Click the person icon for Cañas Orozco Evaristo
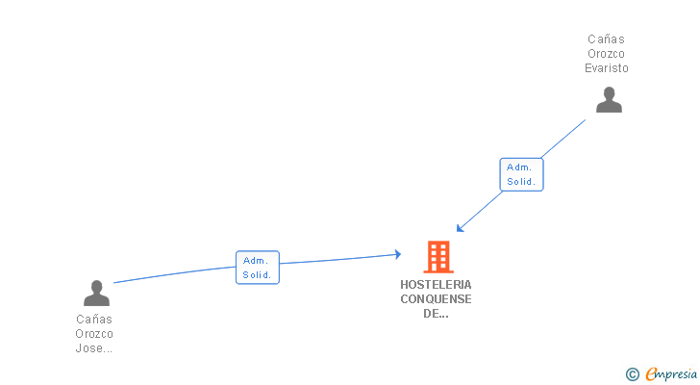point(609,100)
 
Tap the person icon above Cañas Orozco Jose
point(96,293)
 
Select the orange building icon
point(437,257)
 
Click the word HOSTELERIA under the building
point(436,285)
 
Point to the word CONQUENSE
point(436,299)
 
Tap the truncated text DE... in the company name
point(436,314)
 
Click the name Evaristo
point(607,68)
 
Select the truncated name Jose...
point(94,348)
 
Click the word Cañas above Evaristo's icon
point(607,39)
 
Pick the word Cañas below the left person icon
point(94,320)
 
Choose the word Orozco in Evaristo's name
point(607,54)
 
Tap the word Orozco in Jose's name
point(94,334)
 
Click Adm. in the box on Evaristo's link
point(519,167)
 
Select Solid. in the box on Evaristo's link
point(521,182)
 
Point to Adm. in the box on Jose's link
point(255,260)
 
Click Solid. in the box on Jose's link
point(257,274)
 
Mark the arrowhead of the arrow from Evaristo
point(460,229)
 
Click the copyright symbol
point(633,374)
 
